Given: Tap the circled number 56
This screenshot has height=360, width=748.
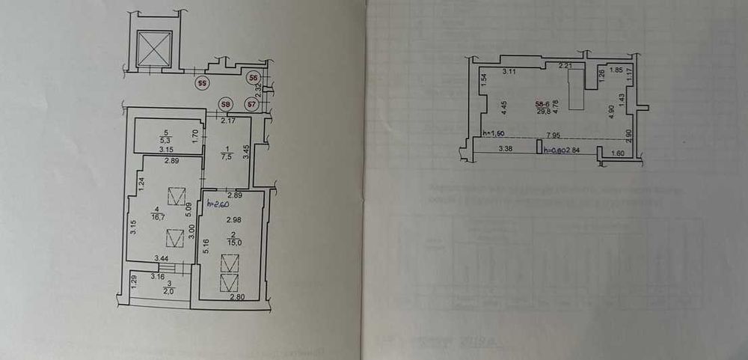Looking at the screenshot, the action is coord(254,78).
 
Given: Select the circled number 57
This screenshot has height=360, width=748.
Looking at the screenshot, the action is coord(251,104).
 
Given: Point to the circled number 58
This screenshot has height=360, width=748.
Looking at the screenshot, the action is coord(225,104).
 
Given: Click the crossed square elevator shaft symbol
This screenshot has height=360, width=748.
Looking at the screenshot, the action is coord(153,49).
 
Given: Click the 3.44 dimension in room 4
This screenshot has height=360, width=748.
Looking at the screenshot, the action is coord(161,258).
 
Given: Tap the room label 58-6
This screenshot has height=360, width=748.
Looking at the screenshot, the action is coord(542,104).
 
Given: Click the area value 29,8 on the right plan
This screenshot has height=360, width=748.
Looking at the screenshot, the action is coord(542,112).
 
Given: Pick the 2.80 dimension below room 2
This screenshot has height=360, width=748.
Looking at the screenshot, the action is coord(236,298).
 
